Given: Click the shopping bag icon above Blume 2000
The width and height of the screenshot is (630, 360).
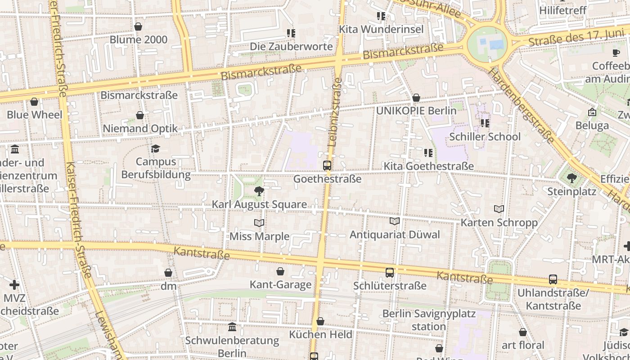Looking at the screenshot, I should point(138,27).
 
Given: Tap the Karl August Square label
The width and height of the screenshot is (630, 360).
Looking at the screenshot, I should point(259,204).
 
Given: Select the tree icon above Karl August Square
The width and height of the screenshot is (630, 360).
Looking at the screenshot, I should point(259,192).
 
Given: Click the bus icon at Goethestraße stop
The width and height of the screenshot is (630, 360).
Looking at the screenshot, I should point(327,166).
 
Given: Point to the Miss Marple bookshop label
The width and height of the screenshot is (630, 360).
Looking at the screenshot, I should point(259,236).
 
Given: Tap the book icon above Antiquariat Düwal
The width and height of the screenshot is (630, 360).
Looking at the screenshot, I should point(395,221).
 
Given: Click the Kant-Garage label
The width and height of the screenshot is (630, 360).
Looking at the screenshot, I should point(280,284).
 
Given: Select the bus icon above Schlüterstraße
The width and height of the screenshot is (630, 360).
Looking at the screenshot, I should point(390,273).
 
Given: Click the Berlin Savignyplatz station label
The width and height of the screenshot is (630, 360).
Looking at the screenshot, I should point(428,319).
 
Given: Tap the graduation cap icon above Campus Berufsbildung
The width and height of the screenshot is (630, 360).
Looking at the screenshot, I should point(155,149).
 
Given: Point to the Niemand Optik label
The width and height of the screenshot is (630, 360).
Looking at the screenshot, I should point(140,128).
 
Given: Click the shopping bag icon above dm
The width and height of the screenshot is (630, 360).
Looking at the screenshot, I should point(168,273).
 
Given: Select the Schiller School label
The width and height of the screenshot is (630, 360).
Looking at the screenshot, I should point(485,136).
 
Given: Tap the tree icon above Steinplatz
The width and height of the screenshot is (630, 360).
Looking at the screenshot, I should point(571,179).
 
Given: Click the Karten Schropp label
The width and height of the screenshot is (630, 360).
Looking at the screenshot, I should point(499,222).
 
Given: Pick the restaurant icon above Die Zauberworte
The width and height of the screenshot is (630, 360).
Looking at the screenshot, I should point(291,33).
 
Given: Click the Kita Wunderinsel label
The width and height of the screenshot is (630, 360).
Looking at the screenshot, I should point(381,29).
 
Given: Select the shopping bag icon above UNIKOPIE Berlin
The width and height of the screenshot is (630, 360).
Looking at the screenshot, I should point(416,98).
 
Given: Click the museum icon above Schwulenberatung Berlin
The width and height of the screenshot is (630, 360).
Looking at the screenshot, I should point(232,327).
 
